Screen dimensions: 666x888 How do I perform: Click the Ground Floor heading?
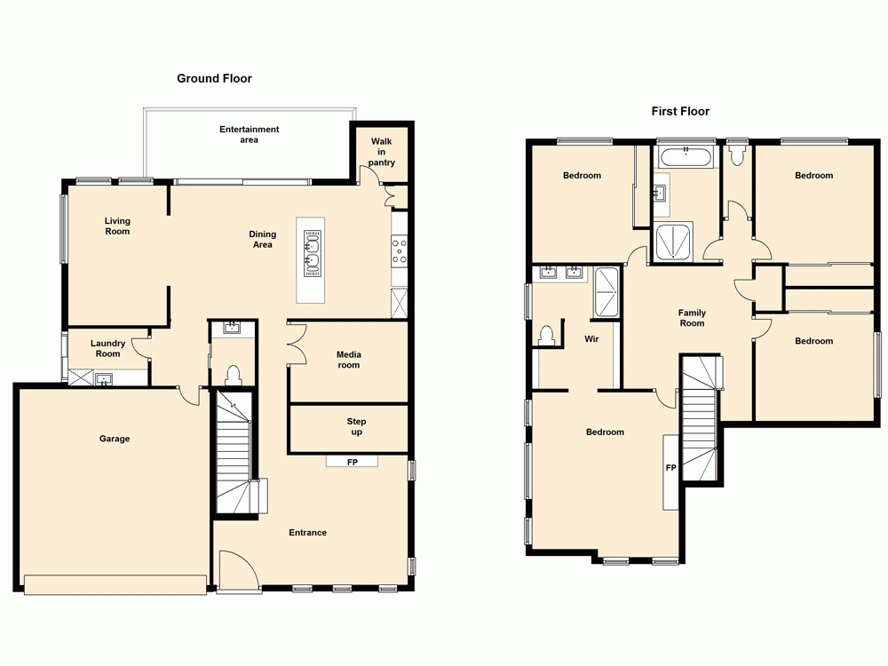(x=214, y=78)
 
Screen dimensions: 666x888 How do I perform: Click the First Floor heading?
(x=680, y=111)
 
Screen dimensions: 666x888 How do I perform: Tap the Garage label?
(x=115, y=439)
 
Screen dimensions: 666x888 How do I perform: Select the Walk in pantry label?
(x=382, y=152)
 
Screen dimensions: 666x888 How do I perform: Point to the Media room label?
(x=348, y=360)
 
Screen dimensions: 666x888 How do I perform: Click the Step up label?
(x=356, y=427)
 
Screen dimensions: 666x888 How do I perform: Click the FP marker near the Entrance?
(x=351, y=461)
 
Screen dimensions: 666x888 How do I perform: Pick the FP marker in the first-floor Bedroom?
(x=670, y=467)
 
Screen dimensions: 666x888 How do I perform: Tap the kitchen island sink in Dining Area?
(x=312, y=250)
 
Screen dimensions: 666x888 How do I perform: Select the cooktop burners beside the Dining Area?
(x=400, y=250)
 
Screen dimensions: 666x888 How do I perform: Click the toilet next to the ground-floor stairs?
(x=234, y=376)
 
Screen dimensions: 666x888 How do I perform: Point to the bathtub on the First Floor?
(x=686, y=158)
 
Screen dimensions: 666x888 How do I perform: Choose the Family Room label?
(x=692, y=318)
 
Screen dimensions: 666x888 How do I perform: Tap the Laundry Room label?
(x=107, y=348)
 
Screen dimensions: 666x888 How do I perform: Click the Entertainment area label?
(x=249, y=134)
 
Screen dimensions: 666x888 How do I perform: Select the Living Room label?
(x=117, y=226)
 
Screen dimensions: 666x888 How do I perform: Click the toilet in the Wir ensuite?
(x=548, y=335)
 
